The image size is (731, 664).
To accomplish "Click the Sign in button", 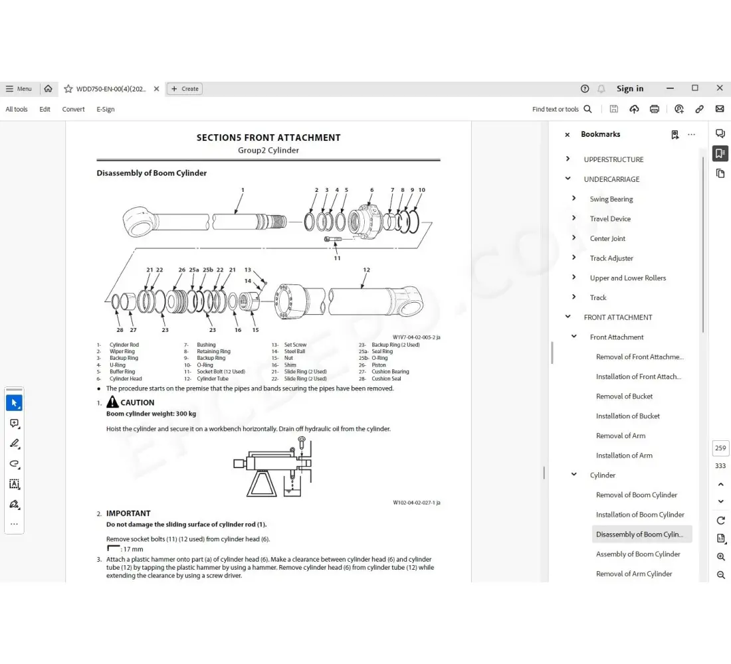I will point(629,88).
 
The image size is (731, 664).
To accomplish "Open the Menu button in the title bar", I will point(19,88).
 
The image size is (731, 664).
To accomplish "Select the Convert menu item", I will point(73,109).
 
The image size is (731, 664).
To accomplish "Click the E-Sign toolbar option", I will point(106,109).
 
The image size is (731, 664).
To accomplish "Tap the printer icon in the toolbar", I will point(655,109).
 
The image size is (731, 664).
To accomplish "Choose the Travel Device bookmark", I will point(610,218).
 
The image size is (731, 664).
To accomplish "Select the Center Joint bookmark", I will point(607,238).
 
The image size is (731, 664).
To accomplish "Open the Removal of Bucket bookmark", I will point(624,396).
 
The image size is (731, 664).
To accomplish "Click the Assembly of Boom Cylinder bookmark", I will point(638,554).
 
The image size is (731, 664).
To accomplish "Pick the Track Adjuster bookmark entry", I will point(611,258).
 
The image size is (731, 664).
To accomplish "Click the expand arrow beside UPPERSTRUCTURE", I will point(568,159).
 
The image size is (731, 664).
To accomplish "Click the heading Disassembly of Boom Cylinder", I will point(152,173).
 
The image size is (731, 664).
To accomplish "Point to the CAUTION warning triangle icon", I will point(112,402).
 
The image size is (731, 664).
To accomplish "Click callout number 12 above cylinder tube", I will point(366,270).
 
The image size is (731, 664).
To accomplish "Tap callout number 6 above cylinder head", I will point(371,190).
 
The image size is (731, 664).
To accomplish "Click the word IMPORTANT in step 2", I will point(128,513).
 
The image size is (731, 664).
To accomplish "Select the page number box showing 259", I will point(720,448).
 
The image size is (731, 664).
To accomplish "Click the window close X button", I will point(719,88).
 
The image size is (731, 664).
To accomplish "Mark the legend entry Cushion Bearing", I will point(390,372).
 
